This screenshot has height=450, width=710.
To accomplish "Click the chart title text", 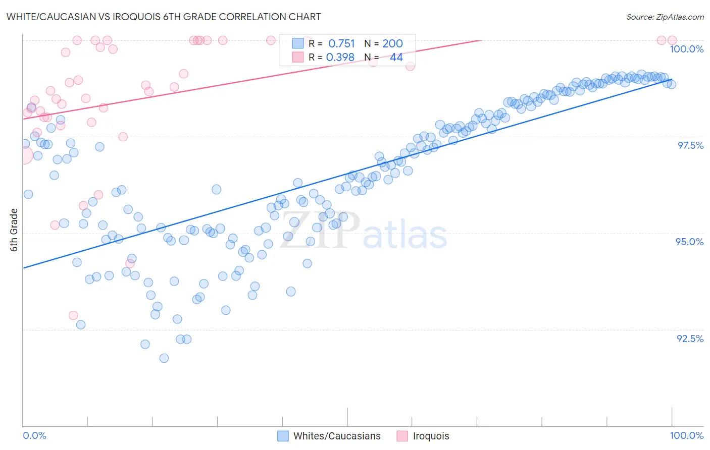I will click(x=163, y=17).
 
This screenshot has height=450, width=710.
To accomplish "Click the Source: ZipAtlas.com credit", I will click(x=665, y=17).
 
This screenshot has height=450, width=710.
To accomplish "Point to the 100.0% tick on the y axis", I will click(x=686, y=49).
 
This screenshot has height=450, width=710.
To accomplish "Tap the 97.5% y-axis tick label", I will click(x=690, y=145).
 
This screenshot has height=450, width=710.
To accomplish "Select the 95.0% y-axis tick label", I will click(x=689, y=242).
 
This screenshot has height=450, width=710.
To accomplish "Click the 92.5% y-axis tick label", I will click(x=690, y=339).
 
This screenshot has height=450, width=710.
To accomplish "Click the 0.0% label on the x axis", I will click(x=34, y=435).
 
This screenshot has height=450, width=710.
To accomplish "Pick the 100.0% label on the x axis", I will click(x=686, y=435).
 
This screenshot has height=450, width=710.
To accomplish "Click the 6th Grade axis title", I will click(x=14, y=230).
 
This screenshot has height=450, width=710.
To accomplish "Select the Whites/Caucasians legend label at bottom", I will click(x=337, y=436).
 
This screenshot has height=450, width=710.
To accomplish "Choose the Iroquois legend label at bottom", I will click(x=431, y=436).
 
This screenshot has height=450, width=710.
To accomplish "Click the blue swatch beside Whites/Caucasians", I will click(x=283, y=436).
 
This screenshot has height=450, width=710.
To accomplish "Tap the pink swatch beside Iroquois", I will click(x=402, y=436).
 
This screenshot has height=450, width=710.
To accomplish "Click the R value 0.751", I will click(x=341, y=44).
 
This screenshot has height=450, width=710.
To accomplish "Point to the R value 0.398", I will click(x=340, y=58).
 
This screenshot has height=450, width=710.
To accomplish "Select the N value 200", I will click(x=392, y=44).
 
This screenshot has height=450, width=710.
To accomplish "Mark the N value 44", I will click(x=396, y=58).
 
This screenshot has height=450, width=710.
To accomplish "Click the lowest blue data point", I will click(x=164, y=358).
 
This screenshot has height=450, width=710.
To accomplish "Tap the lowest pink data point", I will click(x=73, y=315).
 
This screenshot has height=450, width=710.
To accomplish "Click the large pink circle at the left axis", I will click(x=23, y=155).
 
